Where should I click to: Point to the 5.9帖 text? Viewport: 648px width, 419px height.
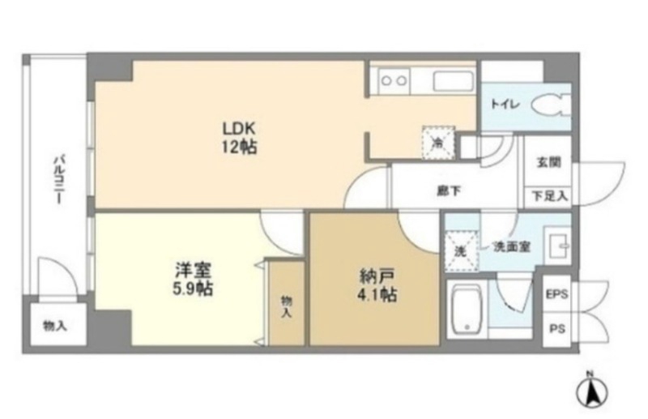coord(192,288)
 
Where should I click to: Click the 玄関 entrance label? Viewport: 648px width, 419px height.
coord(547,161)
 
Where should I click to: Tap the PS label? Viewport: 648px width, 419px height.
coord(556,330)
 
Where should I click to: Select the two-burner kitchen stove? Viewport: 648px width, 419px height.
coord(394,80)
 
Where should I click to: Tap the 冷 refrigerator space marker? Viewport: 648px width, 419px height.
coord(437,143)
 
